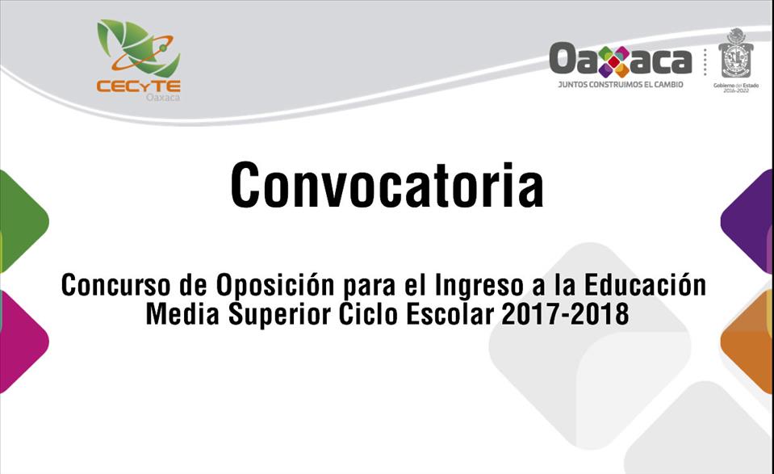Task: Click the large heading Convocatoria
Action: tap(387, 185)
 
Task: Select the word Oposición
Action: tap(275, 285)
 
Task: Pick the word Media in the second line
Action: tap(182, 314)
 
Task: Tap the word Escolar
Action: tap(450, 314)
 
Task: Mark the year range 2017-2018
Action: tap(565, 314)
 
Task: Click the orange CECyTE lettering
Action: tap(139, 86)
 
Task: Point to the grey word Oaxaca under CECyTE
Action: tap(163, 97)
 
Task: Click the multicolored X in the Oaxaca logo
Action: tap(613, 61)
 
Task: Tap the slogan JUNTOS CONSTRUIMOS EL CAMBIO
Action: tap(621, 85)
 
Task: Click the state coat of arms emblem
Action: tap(736, 53)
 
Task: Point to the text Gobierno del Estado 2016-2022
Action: tap(736, 88)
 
